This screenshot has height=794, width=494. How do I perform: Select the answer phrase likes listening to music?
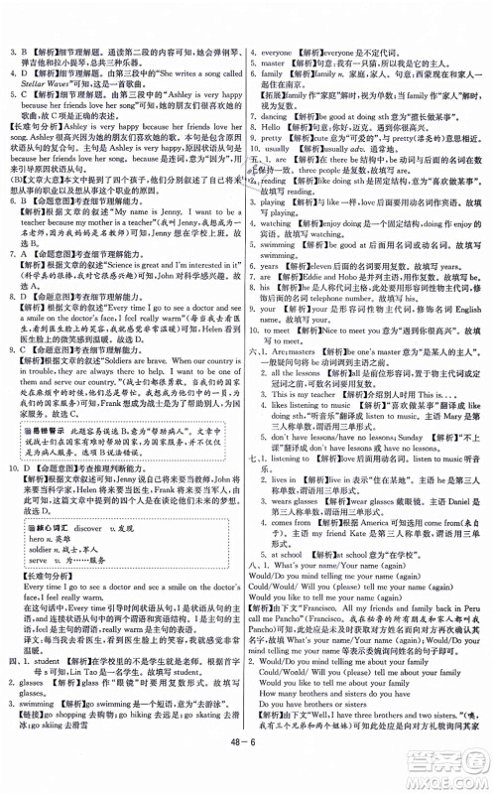[307, 405]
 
